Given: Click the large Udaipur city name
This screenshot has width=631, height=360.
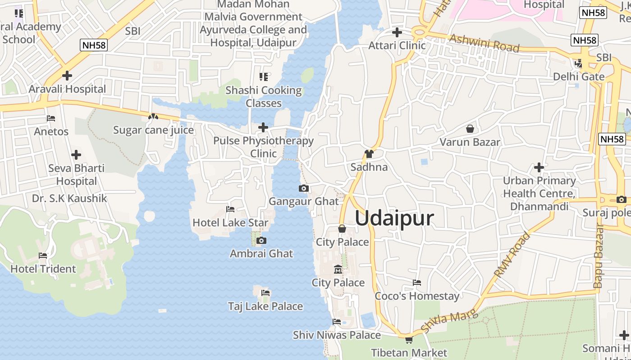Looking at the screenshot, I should [394, 219].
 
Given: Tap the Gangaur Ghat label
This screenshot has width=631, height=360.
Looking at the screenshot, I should [303, 201].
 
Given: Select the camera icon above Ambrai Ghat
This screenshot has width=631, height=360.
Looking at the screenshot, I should [261, 241].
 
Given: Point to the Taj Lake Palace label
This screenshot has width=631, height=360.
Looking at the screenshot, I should [265, 306].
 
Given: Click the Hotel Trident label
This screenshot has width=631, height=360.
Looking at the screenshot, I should [43, 269].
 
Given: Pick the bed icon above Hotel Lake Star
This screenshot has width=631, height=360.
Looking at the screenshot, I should [230, 209].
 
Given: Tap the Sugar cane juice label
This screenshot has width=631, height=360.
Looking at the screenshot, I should [153, 130].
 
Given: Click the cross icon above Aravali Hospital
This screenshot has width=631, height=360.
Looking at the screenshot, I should [67, 76].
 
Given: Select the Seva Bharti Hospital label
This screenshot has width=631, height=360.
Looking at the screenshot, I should [76, 175].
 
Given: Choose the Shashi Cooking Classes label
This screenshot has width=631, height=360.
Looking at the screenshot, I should [264, 97].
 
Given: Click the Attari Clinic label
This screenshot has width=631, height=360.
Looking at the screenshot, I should [397, 45].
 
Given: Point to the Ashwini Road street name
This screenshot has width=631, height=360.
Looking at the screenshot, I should [485, 43].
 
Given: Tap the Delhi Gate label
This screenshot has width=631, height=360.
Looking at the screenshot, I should [579, 76].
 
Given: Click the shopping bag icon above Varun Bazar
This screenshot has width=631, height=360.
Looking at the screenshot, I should [470, 129].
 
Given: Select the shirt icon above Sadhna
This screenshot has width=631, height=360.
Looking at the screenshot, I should [369, 154].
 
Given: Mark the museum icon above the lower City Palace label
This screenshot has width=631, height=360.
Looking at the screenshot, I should [338, 270].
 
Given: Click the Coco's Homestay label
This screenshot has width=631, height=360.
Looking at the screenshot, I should [417, 296].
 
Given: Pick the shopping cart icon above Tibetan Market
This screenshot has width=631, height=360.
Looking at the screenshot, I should [409, 340].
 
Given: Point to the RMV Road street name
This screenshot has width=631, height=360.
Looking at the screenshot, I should [512, 255].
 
